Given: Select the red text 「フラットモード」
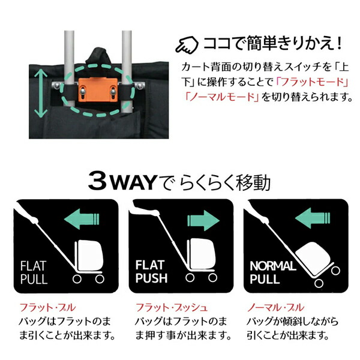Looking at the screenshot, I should tap(315, 80).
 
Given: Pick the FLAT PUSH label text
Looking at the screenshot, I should tap(150, 271).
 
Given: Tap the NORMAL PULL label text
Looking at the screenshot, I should tap(268, 271).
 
